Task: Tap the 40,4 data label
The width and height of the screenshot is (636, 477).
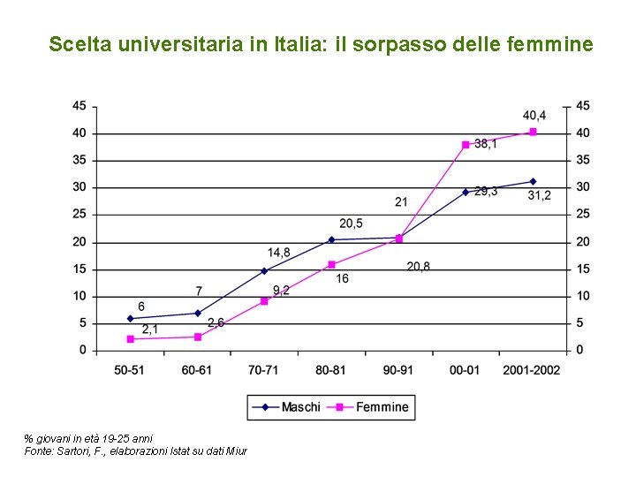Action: pyautogui.click(x=534, y=116)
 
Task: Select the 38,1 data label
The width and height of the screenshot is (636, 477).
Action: pyautogui.click(x=485, y=144)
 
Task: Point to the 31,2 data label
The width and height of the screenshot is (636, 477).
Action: pyautogui.click(x=539, y=195)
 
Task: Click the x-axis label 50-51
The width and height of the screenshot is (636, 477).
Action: pyautogui.click(x=129, y=369)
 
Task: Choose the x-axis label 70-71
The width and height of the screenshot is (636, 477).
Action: pyautogui.click(x=264, y=369)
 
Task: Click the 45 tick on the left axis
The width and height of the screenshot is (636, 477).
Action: pyautogui.click(x=79, y=106)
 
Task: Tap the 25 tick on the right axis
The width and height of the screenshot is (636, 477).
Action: pyautogui.click(x=583, y=215)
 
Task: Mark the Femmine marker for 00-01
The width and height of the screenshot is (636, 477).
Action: pyautogui.click(x=466, y=145)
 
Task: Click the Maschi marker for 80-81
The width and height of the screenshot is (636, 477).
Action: pyautogui.click(x=331, y=239)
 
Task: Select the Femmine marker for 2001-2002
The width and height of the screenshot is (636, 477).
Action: pyautogui.click(x=533, y=132)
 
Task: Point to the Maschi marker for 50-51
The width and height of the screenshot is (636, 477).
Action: pyautogui.click(x=130, y=318)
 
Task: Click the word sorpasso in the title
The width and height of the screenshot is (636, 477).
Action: pyautogui.click(x=393, y=43)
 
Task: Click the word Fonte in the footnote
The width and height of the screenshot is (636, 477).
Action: pyautogui.click(x=39, y=451)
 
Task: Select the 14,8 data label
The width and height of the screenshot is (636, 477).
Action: pyautogui.click(x=279, y=253)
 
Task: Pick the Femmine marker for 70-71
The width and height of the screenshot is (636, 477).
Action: pyautogui.click(x=264, y=301)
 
